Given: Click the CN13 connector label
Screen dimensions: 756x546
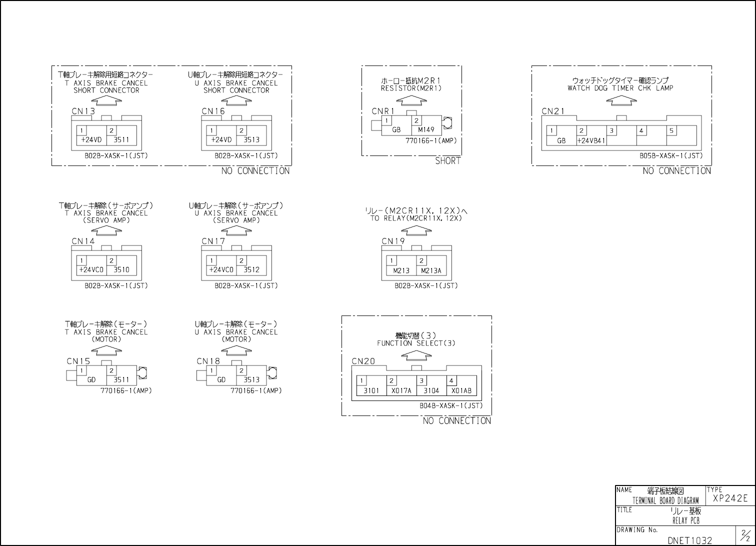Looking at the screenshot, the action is tap(83, 111).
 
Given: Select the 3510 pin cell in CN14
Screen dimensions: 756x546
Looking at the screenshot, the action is tap(121, 269).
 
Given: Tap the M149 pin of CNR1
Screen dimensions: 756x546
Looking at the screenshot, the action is tap(426, 129).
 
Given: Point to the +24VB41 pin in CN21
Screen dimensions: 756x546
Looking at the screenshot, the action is tap(591, 140).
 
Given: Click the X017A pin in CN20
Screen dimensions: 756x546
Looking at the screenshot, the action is tap(401, 390).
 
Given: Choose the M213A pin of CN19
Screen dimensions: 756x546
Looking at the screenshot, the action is tap(431, 270).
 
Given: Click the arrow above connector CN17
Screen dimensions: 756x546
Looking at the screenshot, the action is tap(236, 230).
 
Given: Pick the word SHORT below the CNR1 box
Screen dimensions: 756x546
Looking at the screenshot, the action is tap(447, 161).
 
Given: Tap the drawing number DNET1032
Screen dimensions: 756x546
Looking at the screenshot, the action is tap(689, 540).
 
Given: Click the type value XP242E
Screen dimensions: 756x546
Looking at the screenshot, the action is tap(730, 498).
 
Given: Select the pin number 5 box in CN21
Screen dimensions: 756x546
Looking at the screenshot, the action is tap(671, 131).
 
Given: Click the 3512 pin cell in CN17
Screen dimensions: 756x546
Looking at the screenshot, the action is tap(251, 269).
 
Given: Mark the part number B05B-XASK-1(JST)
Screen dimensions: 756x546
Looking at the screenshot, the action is tap(671, 155).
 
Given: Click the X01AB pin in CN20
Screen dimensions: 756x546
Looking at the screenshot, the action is tap(461, 390).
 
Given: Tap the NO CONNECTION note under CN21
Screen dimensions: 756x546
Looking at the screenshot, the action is tap(676, 171).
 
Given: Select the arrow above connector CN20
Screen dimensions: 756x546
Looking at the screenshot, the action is tap(416, 355).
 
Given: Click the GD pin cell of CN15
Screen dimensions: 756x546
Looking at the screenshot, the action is tap(91, 379).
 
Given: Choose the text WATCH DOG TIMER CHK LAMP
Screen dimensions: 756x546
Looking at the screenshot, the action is tap(620, 88).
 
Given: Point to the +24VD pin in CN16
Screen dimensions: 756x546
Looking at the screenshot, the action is tap(221, 139).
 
